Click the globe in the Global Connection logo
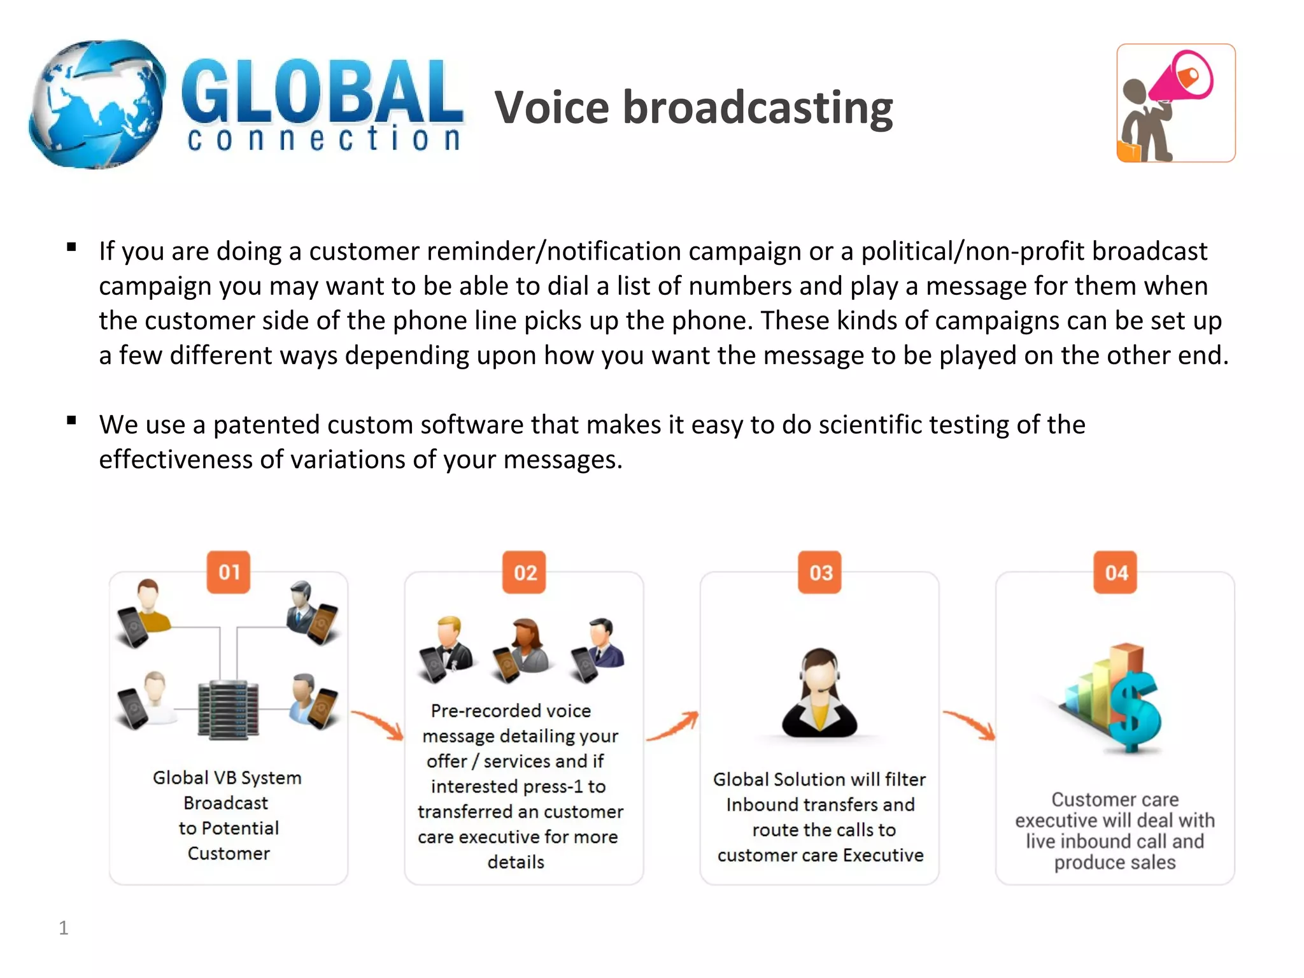97,104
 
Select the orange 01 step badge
229,572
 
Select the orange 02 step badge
524,572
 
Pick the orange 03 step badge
820,572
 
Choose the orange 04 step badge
1116,572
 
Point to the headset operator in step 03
819,693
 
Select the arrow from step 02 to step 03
672,727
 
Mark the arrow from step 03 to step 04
969,725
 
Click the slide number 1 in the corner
63,928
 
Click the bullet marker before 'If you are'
71,247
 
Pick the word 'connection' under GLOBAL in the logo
323,139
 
